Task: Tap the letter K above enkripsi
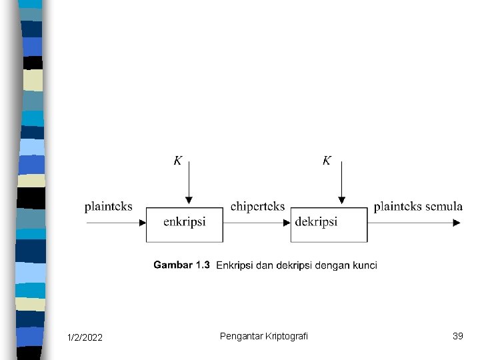click(x=178, y=161)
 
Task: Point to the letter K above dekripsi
click(x=327, y=161)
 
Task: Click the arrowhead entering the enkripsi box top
click(x=189, y=200)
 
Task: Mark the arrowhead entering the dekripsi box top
click(x=341, y=200)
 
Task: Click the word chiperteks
click(x=257, y=207)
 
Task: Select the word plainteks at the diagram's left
click(x=109, y=207)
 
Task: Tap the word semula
click(x=444, y=207)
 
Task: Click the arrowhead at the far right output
click(x=457, y=223)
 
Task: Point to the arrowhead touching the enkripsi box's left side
click(x=143, y=223)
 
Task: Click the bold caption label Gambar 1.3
click(x=181, y=265)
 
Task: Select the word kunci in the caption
click(x=364, y=265)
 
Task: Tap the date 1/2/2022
click(x=85, y=338)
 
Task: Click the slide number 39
click(x=457, y=336)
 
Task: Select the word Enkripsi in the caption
click(x=235, y=265)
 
